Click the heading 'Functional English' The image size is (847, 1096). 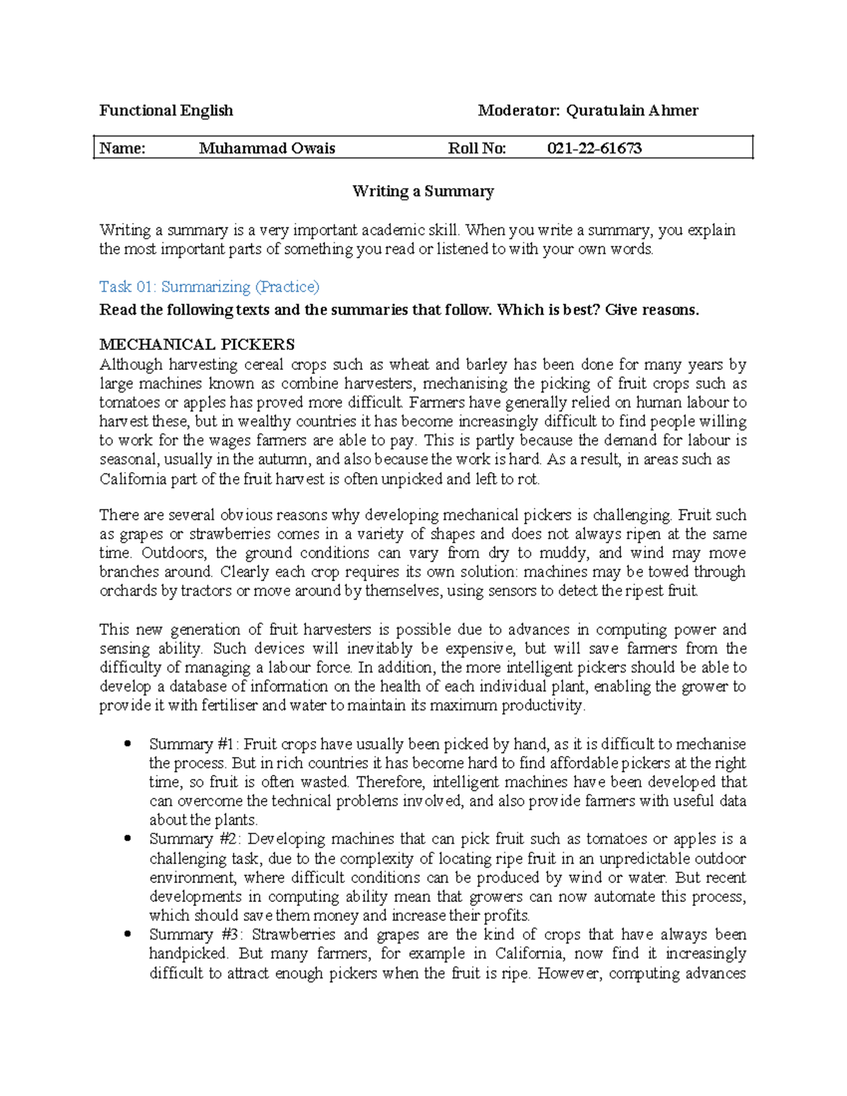(x=166, y=110)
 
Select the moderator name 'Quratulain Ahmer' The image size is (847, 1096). (x=632, y=110)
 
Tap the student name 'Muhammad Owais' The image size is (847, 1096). (x=267, y=148)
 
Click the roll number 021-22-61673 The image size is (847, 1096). (x=594, y=148)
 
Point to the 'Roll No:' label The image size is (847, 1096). (x=477, y=148)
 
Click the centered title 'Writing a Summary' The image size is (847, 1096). (x=423, y=191)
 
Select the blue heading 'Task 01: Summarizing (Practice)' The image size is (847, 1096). (x=209, y=287)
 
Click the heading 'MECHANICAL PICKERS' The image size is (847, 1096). (x=197, y=344)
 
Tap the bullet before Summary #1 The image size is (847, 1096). (x=127, y=743)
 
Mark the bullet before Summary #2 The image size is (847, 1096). (x=127, y=838)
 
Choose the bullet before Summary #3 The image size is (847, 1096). (x=127, y=934)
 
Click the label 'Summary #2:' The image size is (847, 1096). (x=196, y=839)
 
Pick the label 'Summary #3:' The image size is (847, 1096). (x=196, y=934)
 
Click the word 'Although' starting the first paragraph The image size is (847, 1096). (x=130, y=365)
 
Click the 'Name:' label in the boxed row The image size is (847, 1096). (x=122, y=148)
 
